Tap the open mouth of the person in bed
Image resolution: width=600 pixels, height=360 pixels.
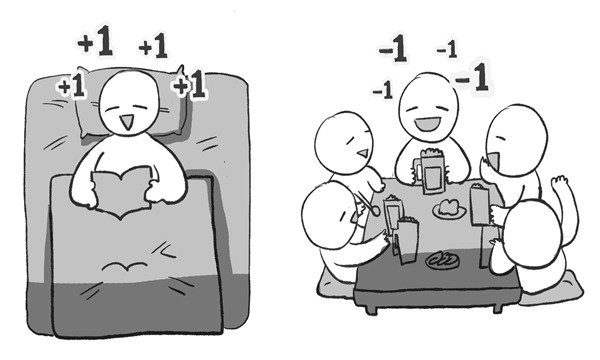(x=126, y=122)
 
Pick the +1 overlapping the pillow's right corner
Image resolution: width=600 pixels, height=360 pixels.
(x=189, y=86)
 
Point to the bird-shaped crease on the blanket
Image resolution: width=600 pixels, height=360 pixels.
(x=125, y=266)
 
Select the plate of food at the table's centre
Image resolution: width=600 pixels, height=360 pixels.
(x=449, y=209)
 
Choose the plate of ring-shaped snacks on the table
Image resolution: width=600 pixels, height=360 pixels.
(x=442, y=260)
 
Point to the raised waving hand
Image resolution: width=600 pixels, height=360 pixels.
(x=558, y=182)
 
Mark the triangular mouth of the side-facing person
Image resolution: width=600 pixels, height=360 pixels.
(x=363, y=153)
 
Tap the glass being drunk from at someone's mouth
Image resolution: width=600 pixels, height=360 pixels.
(x=494, y=160)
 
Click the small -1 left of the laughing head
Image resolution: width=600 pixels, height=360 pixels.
(x=382, y=91)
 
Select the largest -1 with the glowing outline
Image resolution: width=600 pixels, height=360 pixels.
(x=472, y=78)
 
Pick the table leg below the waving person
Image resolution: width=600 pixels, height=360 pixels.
(x=497, y=307)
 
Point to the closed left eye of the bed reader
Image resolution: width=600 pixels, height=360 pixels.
(x=111, y=109)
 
